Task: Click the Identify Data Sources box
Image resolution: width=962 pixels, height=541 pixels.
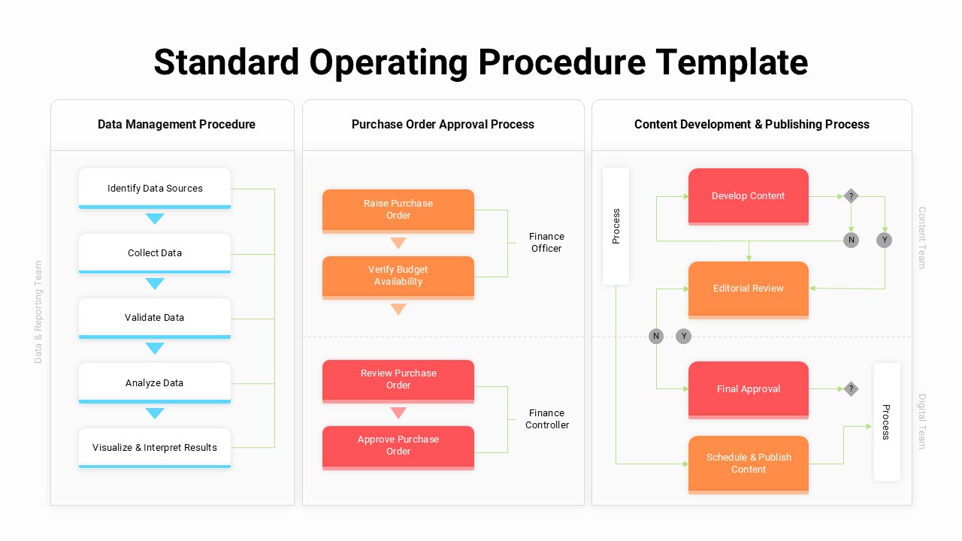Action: (155, 188)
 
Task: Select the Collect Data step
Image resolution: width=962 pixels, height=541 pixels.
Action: (155, 252)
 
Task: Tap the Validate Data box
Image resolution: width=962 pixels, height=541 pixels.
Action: (155, 317)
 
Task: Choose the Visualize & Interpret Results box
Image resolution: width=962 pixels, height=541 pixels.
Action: (155, 447)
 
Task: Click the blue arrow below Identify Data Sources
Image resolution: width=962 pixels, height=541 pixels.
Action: (155, 219)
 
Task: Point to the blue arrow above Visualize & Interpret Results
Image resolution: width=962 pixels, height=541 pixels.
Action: (155, 413)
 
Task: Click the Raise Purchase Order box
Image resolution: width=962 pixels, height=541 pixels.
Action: (398, 210)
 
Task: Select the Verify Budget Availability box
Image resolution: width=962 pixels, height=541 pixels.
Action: (398, 276)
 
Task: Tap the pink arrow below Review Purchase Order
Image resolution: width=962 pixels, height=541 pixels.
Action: (398, 413)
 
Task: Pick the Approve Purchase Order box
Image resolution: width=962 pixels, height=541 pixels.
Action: (398, 446)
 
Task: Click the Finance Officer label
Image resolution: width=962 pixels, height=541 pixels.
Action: (546, 242)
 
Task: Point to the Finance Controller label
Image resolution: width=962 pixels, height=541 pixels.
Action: (546, 419)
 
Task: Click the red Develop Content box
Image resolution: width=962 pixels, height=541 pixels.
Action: (749, 196)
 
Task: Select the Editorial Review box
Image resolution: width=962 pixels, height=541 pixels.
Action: (749, 289)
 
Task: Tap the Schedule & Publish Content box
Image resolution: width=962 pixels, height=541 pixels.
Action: (749, 463)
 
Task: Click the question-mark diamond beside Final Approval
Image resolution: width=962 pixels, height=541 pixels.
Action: (851, 388)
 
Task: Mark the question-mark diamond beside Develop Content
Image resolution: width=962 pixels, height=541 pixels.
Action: (851, 196)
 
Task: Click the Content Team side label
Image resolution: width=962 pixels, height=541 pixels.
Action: (922, 237)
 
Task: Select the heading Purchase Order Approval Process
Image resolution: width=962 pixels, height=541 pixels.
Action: (443, 124)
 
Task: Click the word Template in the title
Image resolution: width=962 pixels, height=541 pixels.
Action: (731, 62)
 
